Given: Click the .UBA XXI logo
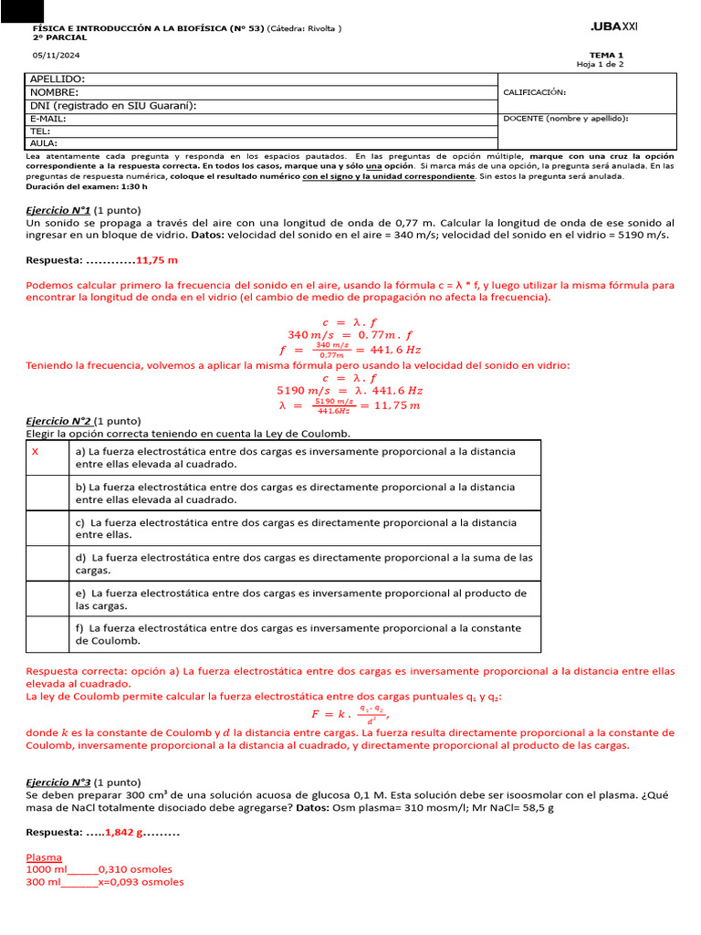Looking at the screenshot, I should tap(614, 28).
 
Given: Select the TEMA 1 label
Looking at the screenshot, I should tap(607, 55).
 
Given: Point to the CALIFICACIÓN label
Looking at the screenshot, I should tap(535, 92).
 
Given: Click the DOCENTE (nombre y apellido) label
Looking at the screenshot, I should tap(565, 118).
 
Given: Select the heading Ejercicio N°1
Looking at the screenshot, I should tap(58, 210).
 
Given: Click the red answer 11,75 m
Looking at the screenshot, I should tap(157, 260).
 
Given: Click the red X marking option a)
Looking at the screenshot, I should tap(35, 452).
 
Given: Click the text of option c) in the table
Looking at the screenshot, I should tap(296, 529).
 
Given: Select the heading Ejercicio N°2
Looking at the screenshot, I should tap(58, 422).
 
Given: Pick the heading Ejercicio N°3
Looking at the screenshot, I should tap(58, 783).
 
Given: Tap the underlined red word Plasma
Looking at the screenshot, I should tap(44, 857).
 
